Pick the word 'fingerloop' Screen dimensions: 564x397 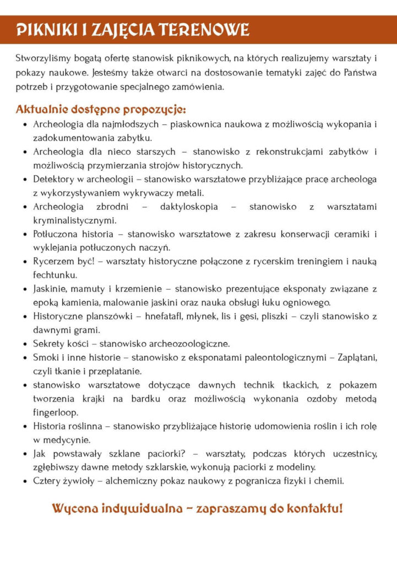(x=56, y=412)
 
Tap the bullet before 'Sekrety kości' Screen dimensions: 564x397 (x=26, y=344)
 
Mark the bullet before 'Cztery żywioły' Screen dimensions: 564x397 (x=26, y=481)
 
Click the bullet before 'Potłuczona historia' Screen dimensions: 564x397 (x=26, y=234)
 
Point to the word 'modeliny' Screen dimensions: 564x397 (x=296, y=467)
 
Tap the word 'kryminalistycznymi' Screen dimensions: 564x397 (x=67, y=220)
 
